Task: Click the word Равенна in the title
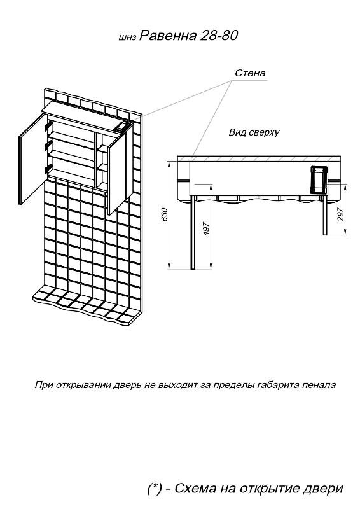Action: (x=168, y=36)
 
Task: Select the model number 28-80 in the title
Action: (x=219, y=35)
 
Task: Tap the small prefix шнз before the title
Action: (x=128, y=38)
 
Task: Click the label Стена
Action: (x=250, y=73)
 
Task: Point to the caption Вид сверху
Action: (x=254, y=132)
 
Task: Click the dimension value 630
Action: (x=165, y=214)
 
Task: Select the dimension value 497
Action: (x=206, y=229)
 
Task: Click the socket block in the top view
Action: (x=319, y=180)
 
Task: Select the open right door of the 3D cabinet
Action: (x=120, y=169)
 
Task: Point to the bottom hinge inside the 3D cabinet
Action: (x=48, y=169)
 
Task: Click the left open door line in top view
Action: (x=193, y=232)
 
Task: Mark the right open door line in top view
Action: (x=325, y=215)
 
